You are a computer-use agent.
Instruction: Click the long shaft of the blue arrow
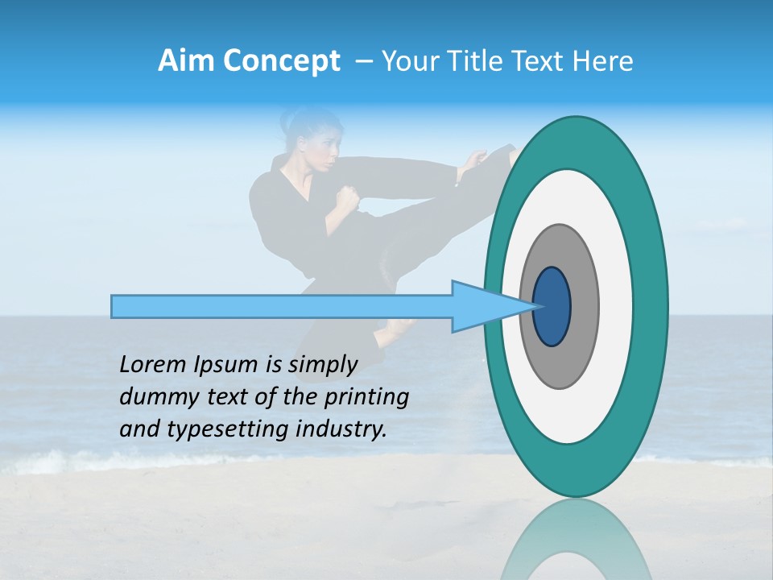coord(282,307)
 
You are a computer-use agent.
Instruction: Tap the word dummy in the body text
coord(154,397)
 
